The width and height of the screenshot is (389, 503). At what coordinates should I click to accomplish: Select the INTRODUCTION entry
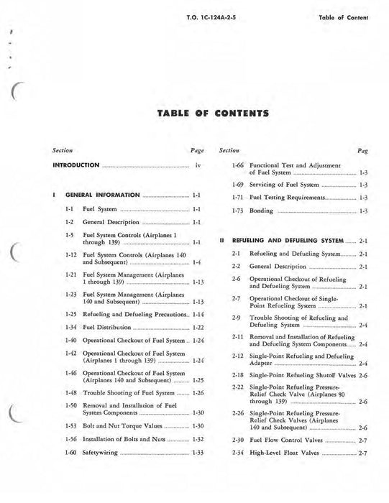(x=76, y=165)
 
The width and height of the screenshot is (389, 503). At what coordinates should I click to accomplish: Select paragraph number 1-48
(x=70, y=393)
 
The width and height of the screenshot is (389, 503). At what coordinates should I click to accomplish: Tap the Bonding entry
(x=261, y=211)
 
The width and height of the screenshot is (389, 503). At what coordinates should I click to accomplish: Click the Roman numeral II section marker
(x=223, y=241)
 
